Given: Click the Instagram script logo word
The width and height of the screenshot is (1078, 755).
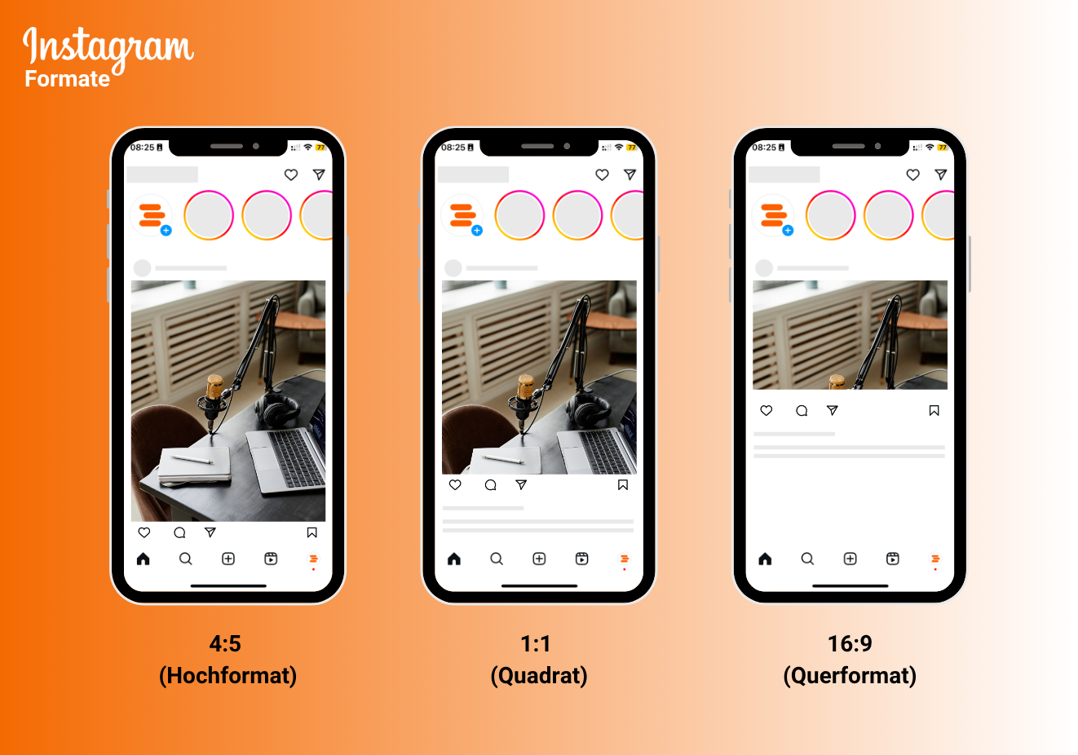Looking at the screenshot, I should pos(108,47).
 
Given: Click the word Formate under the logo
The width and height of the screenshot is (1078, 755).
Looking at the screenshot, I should pos(67,79).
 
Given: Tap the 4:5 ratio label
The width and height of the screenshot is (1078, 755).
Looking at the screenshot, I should pos(225,644).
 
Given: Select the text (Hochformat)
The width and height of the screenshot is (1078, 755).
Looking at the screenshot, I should pos(228,676).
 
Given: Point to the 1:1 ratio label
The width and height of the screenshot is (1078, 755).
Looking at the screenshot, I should pos(536,644).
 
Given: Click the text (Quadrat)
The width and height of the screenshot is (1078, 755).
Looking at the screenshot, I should pos(539,676).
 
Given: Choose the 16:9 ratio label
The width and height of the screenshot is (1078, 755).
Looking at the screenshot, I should pos(850,644).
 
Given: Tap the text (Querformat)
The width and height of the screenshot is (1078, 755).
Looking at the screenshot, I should pos(850,676).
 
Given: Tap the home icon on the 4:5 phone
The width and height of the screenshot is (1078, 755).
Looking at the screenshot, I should pos(144,559).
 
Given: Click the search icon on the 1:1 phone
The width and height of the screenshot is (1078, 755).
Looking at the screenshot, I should pos(497,559).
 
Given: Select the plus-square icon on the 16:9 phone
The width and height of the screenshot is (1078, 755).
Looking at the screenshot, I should pos(850,559).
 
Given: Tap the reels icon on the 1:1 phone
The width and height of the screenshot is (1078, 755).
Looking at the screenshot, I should pos(581,559).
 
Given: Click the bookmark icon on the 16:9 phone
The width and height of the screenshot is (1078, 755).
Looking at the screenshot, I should pos(934,411).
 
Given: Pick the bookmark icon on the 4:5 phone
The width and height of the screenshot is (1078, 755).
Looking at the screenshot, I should pos(311,532).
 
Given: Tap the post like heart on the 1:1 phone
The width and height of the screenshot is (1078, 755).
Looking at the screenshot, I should pos(455,485).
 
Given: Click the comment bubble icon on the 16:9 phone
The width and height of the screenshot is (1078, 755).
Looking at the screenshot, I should pos(802,411).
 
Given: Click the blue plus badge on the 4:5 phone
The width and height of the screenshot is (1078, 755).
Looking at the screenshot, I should pos(166,231).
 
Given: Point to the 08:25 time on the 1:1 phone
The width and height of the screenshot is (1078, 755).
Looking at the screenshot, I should pos(453,148).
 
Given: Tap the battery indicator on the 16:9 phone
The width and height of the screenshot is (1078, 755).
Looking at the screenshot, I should pos(943,148).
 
